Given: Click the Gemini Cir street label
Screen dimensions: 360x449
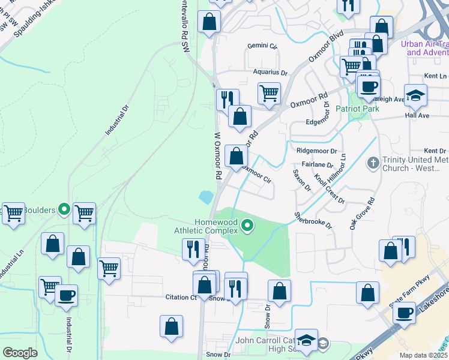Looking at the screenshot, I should pos(263,46).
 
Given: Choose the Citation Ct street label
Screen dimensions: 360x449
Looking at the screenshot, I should pos(181,297).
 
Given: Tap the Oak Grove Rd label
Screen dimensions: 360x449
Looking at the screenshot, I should pos(363,214).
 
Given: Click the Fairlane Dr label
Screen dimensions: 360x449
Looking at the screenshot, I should pos(318,164).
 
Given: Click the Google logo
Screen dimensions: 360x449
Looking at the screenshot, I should pos(20,352).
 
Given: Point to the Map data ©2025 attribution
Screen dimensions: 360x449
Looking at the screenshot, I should pos(423,355).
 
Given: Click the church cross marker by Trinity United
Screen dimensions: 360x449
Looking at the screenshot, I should pos(373,162).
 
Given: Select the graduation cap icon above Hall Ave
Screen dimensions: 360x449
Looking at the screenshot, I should pos(415,95).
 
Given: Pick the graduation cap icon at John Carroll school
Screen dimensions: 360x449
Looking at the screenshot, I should pos(306,341).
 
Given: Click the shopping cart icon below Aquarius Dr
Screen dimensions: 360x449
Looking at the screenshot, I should pos(269,93).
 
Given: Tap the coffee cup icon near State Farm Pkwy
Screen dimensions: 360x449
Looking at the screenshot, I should pos(404,312).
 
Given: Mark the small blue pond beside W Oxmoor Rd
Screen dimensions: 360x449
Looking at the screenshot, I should pos(206,196).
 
